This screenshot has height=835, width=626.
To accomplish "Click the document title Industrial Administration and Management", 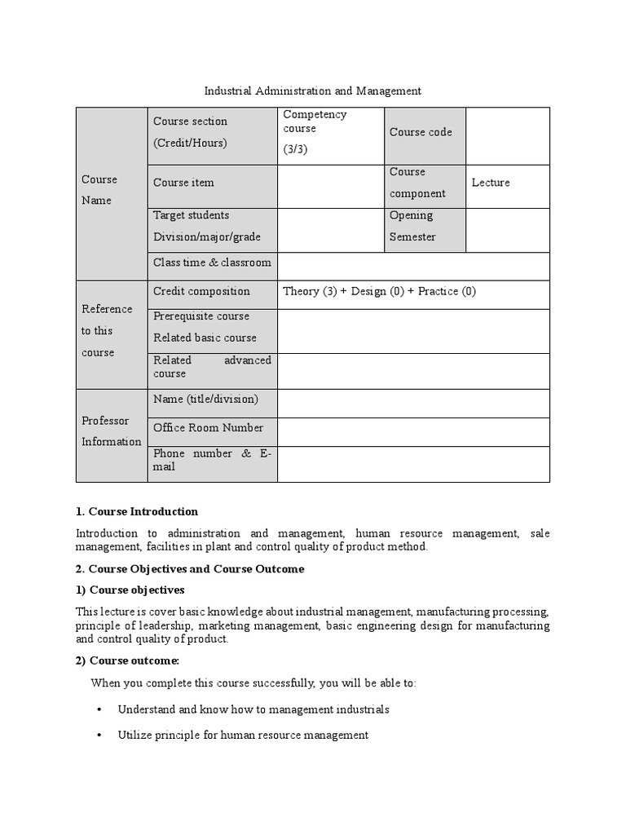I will (312, 91).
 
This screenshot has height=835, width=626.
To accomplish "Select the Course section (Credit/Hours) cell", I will (212, 132).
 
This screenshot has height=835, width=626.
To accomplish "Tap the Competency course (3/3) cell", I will (330, 132).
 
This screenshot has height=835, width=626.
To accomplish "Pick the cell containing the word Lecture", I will (507, 183).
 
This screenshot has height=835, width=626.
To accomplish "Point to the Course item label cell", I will (212, 183).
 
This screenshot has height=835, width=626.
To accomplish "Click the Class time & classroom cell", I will (212, 263).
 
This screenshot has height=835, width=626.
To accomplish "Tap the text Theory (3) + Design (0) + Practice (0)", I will (379, 291).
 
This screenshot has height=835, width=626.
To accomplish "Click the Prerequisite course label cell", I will (212, 327).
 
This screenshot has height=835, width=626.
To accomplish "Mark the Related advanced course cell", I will (212, 367).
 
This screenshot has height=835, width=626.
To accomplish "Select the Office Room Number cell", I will (212, 428).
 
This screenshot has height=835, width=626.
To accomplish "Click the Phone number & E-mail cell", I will (212, 460).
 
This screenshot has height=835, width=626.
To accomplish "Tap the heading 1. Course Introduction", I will (137, 512).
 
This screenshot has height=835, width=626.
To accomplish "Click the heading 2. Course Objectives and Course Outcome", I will (190, 569).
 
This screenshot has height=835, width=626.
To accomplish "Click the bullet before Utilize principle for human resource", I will (99, 736).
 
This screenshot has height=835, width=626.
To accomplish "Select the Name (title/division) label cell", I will (212, 399).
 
